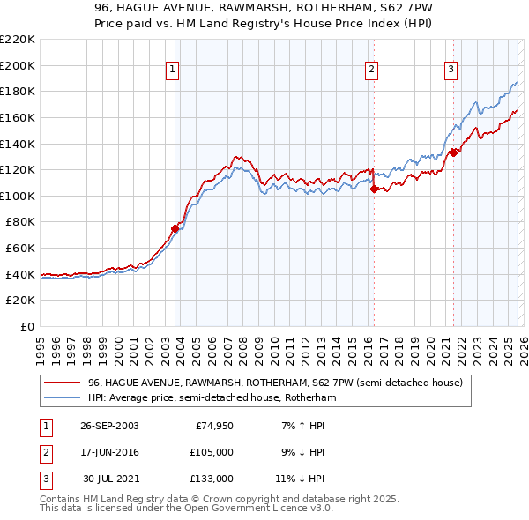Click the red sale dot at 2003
pos(175,228)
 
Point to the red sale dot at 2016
pos(374,189)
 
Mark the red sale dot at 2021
pos(453,152)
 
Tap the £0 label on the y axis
pos(26,326)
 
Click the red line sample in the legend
pos(63,383)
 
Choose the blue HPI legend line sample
pos(63,398)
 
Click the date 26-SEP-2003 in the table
pos(109,427)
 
